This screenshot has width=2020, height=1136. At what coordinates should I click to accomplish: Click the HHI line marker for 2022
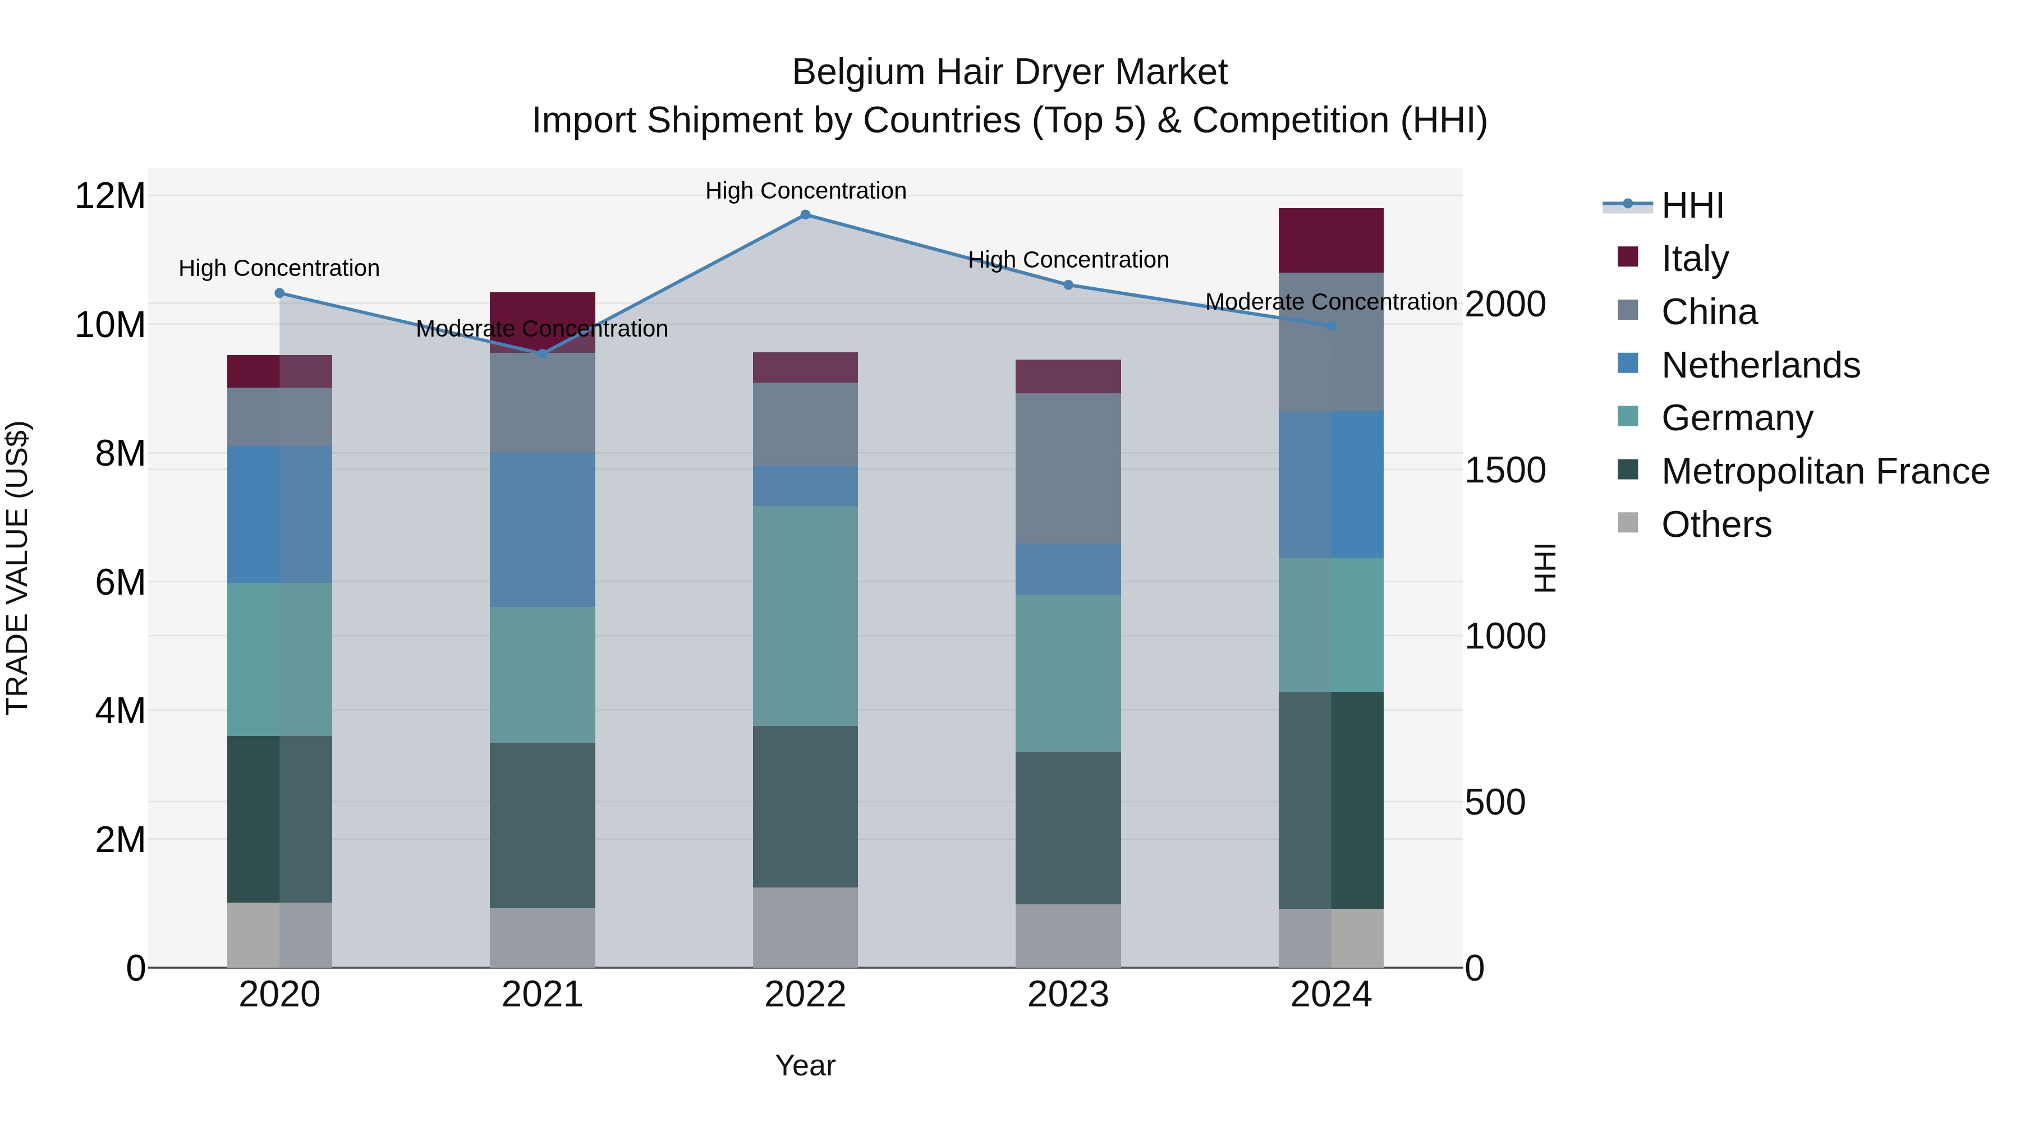coord(805,215)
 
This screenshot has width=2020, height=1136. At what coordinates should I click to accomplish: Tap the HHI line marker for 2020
coord(280,293)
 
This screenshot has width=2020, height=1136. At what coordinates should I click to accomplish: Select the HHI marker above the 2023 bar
coord(1068,286)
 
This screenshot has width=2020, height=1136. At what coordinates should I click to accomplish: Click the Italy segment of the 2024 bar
coord(1331,241)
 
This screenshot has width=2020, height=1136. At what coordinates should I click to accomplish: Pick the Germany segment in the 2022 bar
coord(805,615)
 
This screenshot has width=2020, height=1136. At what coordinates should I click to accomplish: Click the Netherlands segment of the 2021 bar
coord(542,530)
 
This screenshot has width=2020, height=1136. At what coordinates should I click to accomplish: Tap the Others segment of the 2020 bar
coord(280,935)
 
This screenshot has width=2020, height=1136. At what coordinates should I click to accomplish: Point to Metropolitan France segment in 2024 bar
coord(1331,801)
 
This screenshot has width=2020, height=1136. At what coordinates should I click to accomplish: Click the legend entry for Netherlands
coord(1760,365)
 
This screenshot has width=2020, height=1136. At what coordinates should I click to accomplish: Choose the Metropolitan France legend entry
coord(1825,472)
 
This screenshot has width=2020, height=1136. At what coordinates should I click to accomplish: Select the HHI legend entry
coord(1691,205)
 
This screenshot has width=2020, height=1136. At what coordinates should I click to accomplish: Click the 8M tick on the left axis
coord(120,454)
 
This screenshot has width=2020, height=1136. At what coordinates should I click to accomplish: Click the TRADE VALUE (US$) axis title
coord(17,568)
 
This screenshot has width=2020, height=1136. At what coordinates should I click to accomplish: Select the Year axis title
coord(805,1066)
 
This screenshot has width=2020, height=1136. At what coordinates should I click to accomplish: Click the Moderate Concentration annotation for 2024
coord(1331,302)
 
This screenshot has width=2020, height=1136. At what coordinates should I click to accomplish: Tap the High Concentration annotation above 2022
coord(805,191)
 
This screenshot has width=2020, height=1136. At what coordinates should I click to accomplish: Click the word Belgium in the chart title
coord(858,73)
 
